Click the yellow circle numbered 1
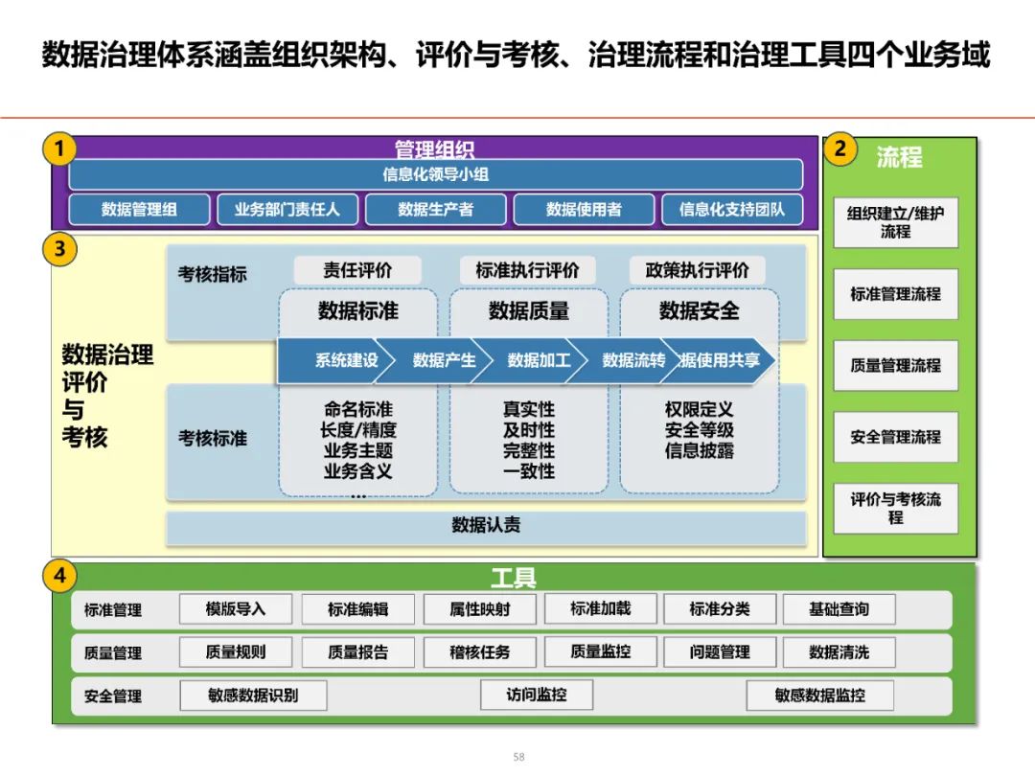(60, 149)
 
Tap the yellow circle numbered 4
(60, 576)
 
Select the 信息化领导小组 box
(436, 174)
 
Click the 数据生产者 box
(436, 209)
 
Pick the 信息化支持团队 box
(732, 209)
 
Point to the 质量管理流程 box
(895, 365)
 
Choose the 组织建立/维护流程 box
(895, 222)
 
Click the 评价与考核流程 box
(895, 508)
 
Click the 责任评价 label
(357, 270)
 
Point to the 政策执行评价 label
(698, 270)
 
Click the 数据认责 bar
(486, 526)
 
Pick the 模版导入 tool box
(235, 608)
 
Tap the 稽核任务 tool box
(479, 652)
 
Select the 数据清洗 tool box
(839, 652)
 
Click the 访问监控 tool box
(536, 695)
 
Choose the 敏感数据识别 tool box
(253, 696)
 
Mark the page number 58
(518, 757)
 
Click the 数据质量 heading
(528, 310)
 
